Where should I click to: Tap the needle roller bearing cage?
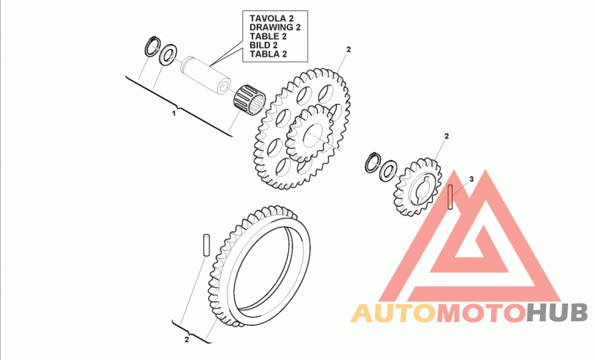click(x=249, y=97)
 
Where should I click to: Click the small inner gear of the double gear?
click(x=312, y=134)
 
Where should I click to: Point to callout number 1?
click(x=174, y=114)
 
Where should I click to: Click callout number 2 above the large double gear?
click(x=347, y=49)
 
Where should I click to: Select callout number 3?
click(x=470, y=180)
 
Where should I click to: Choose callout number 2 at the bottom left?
click(x=187, y=340)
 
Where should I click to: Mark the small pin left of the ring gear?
click(x=205, y=245)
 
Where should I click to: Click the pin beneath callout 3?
click(x=451, y=199)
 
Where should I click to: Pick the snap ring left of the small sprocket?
click(x=373, y=161)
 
